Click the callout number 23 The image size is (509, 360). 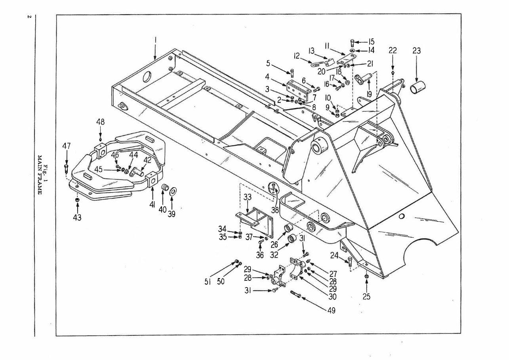click(x=416, y=51)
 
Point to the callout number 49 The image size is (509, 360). click(x=331, y=310)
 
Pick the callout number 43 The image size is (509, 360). click(x=77, y=217)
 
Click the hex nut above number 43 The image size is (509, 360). click(x=77, y=200)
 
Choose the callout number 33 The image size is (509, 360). click(x=247, y=196)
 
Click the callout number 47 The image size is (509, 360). click(x=66, y=146)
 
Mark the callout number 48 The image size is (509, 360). click(x=101, y=122)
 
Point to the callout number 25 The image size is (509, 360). click(x=367, y=296)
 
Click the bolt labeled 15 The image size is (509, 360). click(x=353, y=42)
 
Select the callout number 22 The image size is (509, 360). click(x=393, y=50)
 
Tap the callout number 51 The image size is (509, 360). click(x=208, y=282)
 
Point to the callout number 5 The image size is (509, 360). click(x=268, y=63)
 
